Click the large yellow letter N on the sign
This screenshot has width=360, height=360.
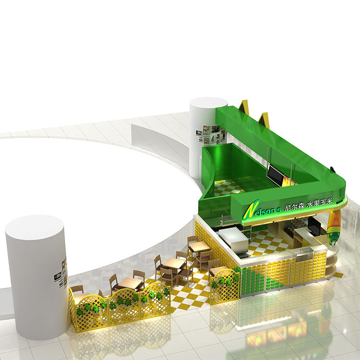(252, 209)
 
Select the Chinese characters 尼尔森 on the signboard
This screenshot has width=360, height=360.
(294, 207)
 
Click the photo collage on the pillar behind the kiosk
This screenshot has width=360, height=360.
(211, 134)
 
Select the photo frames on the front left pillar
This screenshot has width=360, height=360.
(61, 273)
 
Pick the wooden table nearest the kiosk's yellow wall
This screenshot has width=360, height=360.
(199, 246)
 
